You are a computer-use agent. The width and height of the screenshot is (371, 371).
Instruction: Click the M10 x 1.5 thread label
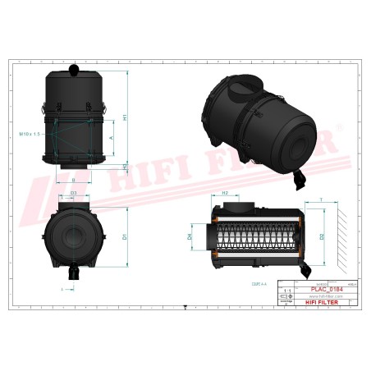tap(29, 132)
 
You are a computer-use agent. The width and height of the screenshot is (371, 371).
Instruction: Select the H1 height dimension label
tap(125, 117)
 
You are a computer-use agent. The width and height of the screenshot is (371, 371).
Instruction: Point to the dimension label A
tap(111, 140)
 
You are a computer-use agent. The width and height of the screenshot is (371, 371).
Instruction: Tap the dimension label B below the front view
tap(73, 180)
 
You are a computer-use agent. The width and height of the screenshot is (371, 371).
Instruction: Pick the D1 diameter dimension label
tap(123, 236)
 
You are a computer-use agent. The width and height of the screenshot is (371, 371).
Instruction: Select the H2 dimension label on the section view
tap(225, 193)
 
